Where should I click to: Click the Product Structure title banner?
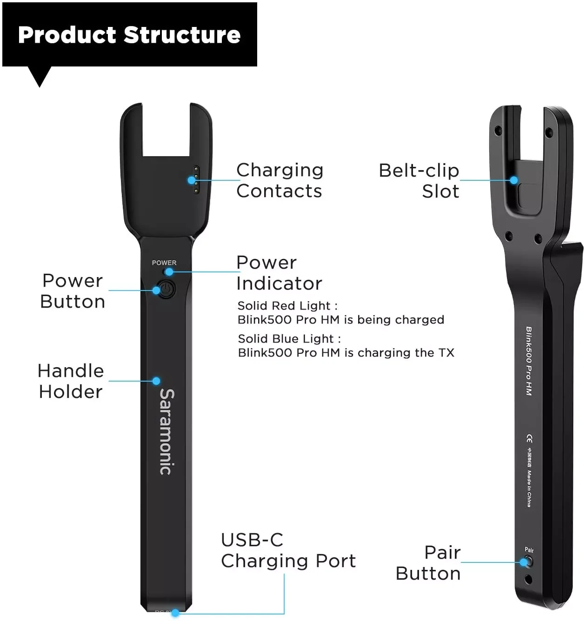click(129, 35)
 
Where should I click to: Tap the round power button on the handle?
click(166, 289)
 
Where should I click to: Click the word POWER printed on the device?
click(164, 263)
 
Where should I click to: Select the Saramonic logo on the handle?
click(166, 431)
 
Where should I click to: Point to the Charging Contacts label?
click(280, 180)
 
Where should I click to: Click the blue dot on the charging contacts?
click(192, 180)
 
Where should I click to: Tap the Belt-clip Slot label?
click(420, 180)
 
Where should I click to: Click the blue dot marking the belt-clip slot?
click(514, 180)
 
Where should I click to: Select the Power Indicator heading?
click(279, 273)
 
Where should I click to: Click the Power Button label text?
click(73, 291)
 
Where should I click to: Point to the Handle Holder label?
click(71, 381)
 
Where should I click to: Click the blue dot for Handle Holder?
click(156, 381)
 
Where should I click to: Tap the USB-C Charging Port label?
click(288, 550)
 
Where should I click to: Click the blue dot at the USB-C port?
click(175, 614)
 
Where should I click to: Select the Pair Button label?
click(428, 563)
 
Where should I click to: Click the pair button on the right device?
click(526, 562)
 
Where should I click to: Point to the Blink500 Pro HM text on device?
click(529, 361)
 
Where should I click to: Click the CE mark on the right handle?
click(529, 438)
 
